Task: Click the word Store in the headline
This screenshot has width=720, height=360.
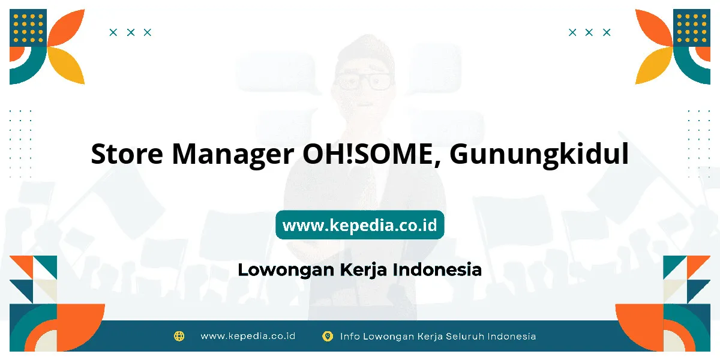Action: (127, 154)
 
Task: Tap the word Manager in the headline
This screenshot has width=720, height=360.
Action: (233, 155)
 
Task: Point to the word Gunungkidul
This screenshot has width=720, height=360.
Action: (539, 155)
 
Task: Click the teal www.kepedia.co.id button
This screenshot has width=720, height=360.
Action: (359, 224)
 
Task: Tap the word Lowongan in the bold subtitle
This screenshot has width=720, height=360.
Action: (286, 270)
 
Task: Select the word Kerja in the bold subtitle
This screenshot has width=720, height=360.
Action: (363, 270)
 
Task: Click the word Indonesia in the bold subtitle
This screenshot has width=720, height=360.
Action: (437, 269)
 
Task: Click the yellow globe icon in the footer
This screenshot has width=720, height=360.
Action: (179, 336)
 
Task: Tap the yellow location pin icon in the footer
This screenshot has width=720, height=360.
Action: (328, 336)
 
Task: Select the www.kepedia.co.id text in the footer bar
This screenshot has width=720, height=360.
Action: (248, 336)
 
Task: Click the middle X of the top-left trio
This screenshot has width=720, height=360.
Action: (131, 32)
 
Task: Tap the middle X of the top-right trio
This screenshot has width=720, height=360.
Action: (589, 32)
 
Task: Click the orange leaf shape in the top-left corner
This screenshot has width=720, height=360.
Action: (67, 28)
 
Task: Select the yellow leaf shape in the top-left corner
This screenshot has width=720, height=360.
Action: (67, 65)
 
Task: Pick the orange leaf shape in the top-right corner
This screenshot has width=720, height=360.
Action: (654, 28)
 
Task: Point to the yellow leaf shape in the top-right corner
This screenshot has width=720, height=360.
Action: (654, 65)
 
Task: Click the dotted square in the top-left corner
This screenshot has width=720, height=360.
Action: (28, 28)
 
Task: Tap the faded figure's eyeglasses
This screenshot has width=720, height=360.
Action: (364, 81)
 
